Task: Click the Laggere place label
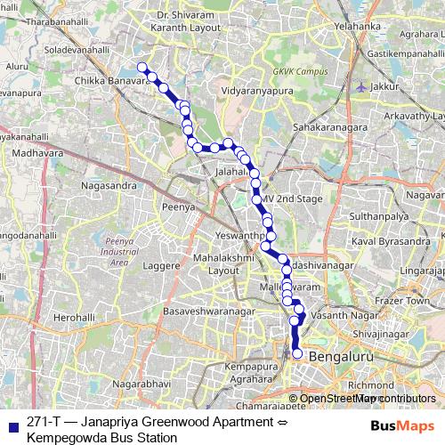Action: tap(161, 266)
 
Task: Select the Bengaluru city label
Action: tap(345, 354)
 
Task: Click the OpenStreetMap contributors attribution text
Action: tap(368, 399)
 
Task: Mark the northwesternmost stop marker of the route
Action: tap(142, 66)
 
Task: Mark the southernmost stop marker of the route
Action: tap(297, 354)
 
